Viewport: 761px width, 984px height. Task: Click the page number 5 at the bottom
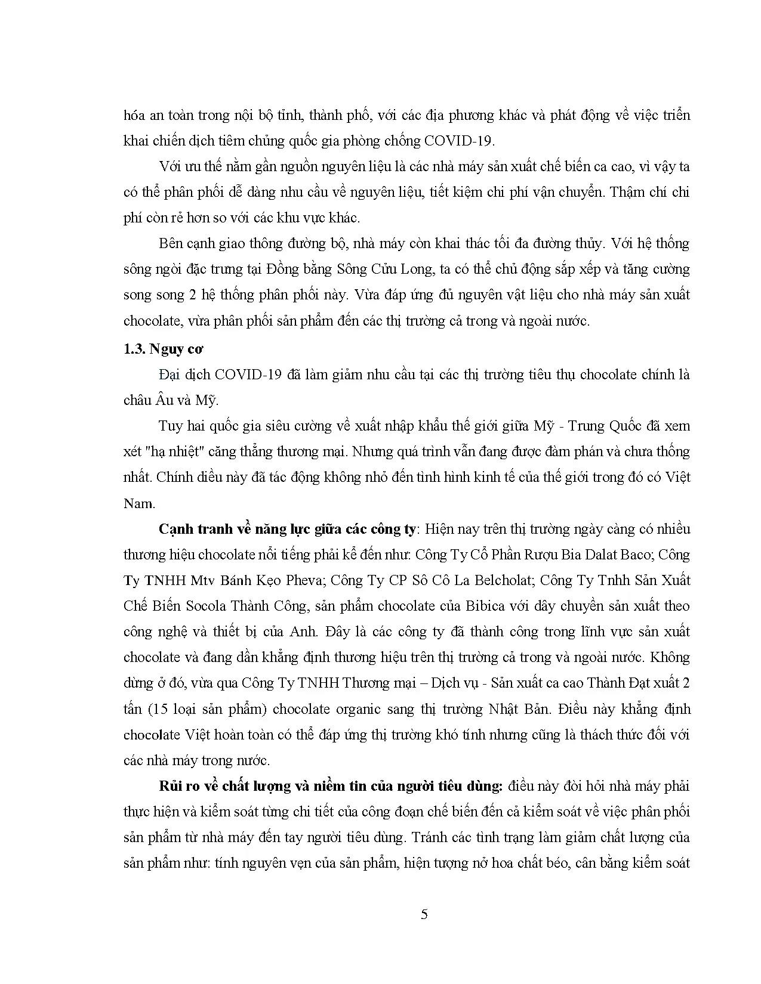click(x=424, y=915)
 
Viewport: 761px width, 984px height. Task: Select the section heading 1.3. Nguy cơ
click(x=155, y=349)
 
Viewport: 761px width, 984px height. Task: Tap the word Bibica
click(x=523, y=606)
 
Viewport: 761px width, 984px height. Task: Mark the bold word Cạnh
click(x=175, y=529)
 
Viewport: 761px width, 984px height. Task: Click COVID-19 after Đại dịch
click(x=246, y=375)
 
